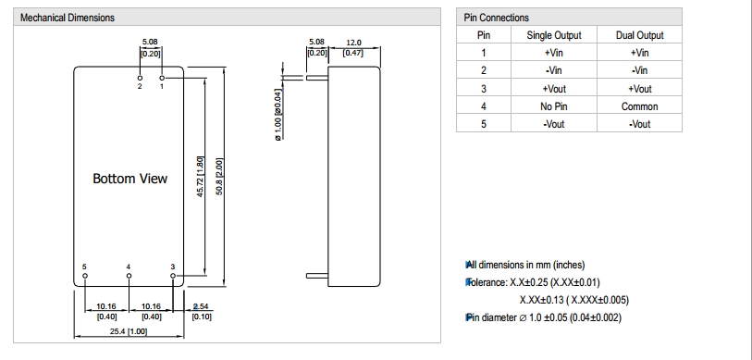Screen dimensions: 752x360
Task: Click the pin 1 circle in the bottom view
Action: coord(162,78)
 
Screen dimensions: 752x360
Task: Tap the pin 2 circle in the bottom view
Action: coord(140,78)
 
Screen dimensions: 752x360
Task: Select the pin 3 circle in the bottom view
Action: coord(173,276)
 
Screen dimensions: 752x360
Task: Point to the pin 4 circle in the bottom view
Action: coord(129,276)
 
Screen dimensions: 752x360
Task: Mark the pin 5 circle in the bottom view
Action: coord(85,276)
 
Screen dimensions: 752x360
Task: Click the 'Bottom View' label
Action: coord(130,179)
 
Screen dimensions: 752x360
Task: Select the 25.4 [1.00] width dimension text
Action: coord(129,331)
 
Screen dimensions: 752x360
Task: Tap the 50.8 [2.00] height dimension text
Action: coord(219,177)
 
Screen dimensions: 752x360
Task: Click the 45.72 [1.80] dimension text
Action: coord(201,176)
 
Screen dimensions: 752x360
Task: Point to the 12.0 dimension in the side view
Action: coord(353,43)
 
